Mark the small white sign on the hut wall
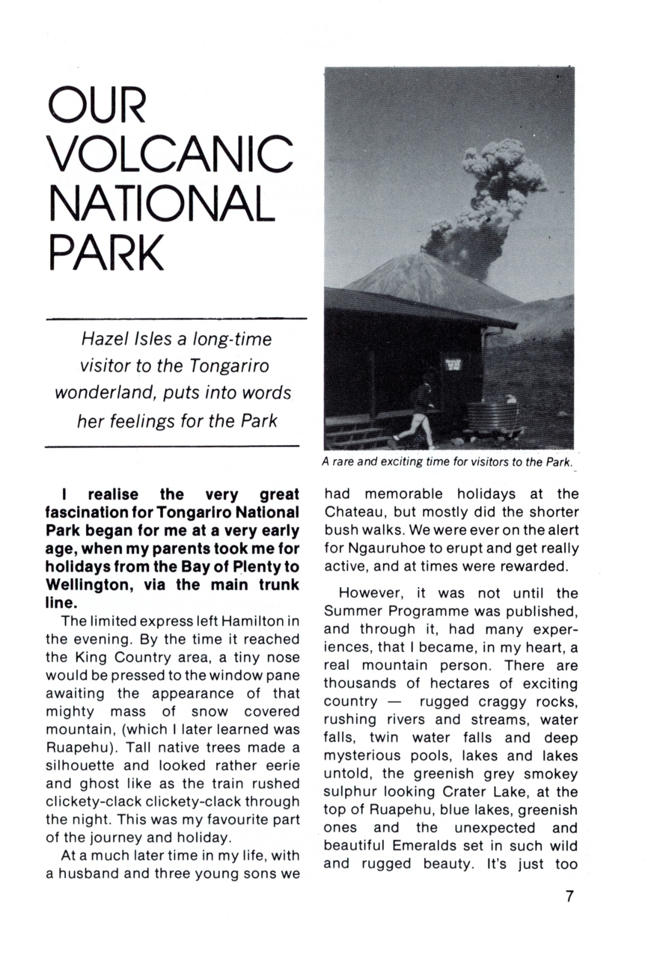tap(453, 364)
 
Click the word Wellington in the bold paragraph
tap(87, 585)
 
